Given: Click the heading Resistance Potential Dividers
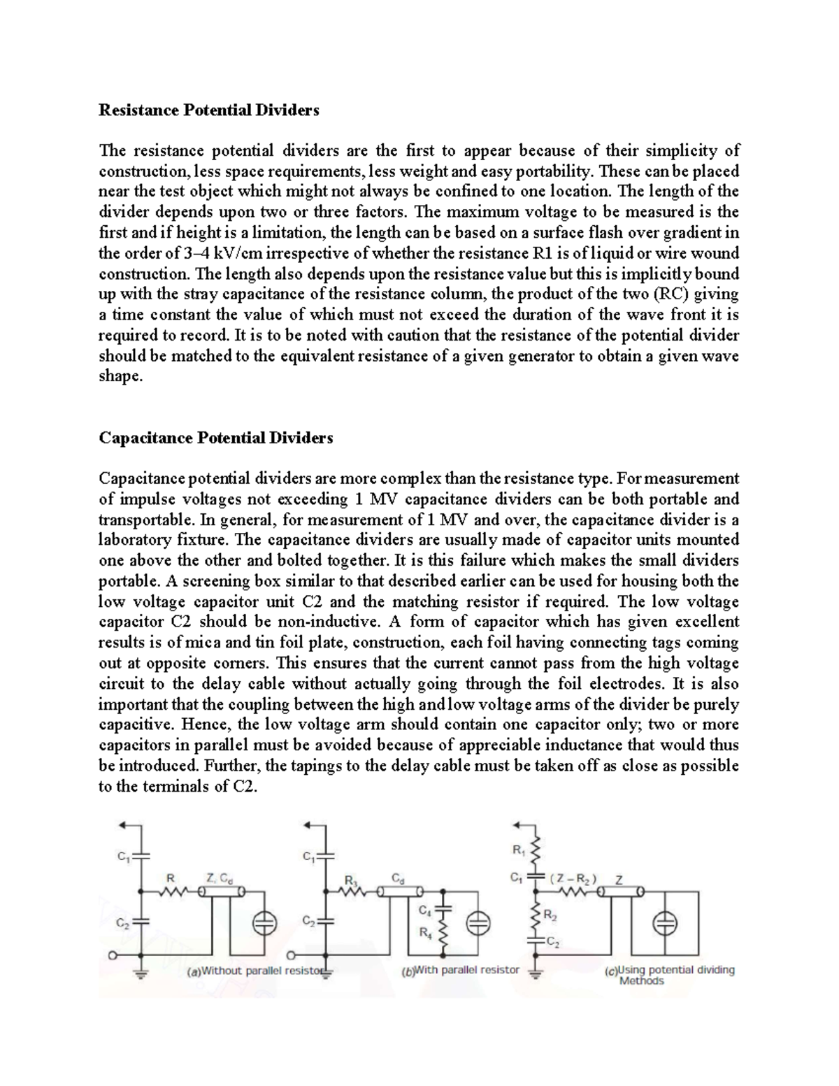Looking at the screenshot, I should [x=209, y=110].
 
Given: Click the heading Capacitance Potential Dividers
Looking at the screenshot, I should [x=216, y=438].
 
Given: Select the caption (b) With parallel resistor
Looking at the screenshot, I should [x=460, y=970].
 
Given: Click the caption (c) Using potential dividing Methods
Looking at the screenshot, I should [x=670, y=975].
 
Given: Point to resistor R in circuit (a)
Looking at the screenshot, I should [x=170, y=892].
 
